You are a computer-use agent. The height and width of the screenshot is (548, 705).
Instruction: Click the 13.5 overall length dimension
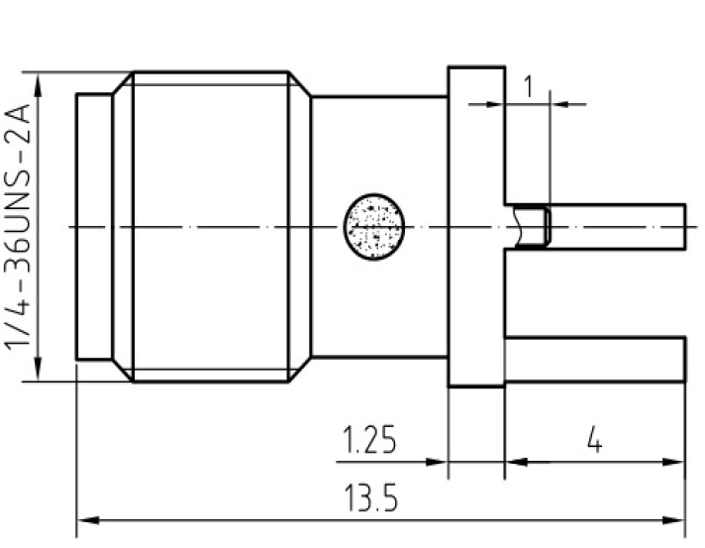pos(371,497)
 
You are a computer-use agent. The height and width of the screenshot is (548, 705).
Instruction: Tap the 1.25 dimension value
pos(369,439)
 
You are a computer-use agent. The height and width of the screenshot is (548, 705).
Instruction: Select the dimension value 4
pos(595,440)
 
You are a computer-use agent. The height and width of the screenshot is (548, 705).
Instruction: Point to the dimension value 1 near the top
pos(529,86)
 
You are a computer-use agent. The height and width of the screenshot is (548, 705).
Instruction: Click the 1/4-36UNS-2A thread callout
pos(18,227)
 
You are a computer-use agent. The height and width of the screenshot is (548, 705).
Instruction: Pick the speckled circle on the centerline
pos(374,227)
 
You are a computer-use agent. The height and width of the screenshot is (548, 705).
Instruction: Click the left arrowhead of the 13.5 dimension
pos(88,520)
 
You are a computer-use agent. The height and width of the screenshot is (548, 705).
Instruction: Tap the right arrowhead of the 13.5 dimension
pos(673,520)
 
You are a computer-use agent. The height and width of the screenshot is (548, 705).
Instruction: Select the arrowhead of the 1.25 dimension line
pos(436,462)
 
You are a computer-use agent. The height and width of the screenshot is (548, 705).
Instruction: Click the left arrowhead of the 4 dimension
pos(516,462)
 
